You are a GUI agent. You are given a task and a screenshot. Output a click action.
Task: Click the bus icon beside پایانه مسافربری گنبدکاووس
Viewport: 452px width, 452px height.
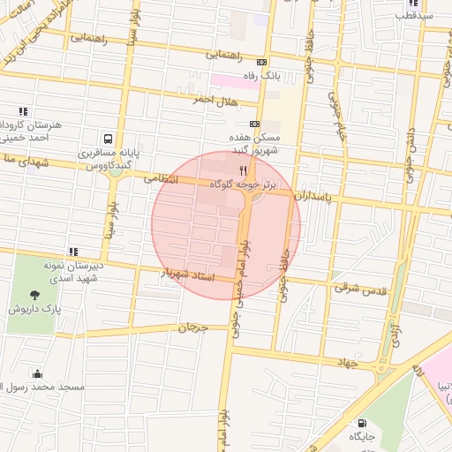(108, 139)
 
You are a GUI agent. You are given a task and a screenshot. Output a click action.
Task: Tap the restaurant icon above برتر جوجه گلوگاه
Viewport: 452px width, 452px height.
(243, 170)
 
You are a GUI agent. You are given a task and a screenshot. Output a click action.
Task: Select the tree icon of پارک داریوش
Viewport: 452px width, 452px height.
(34, 296)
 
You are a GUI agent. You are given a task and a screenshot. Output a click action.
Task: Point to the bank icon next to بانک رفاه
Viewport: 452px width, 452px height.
(260, 63)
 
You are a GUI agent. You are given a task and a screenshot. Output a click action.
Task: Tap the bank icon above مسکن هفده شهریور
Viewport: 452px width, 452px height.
(254, 124)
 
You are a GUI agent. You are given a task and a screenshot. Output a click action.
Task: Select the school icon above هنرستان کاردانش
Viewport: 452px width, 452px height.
(23, 111)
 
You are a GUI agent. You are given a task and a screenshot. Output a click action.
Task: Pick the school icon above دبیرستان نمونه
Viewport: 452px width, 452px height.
(72, 251)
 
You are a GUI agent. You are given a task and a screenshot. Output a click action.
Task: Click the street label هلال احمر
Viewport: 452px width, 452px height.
(215, 101)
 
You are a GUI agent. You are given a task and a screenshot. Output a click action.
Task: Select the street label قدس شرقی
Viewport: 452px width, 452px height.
(358, 288)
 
